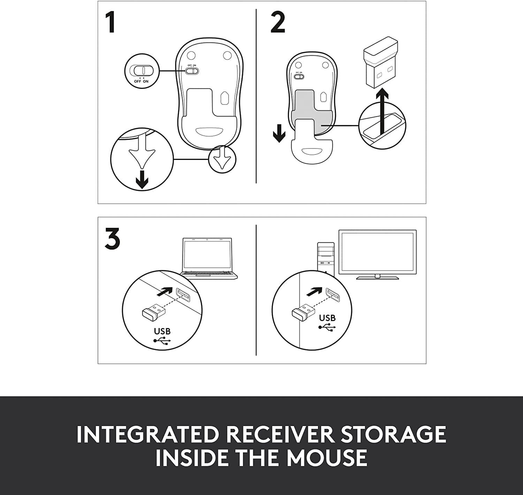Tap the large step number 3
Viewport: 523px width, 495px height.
(x=112, y=239)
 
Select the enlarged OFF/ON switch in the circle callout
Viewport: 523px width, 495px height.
(x=141, y=70)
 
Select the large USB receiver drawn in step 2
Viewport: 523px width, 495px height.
(x=380, y=66)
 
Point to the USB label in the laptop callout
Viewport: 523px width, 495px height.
(x=162, y=331)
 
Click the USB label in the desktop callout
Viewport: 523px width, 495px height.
(x=327, y=318)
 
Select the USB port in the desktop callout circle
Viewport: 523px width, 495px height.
(x=333, y=295)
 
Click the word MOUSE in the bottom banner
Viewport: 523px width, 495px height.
(x=327, y=458)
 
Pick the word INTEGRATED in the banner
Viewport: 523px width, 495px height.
(x=147, y=434)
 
